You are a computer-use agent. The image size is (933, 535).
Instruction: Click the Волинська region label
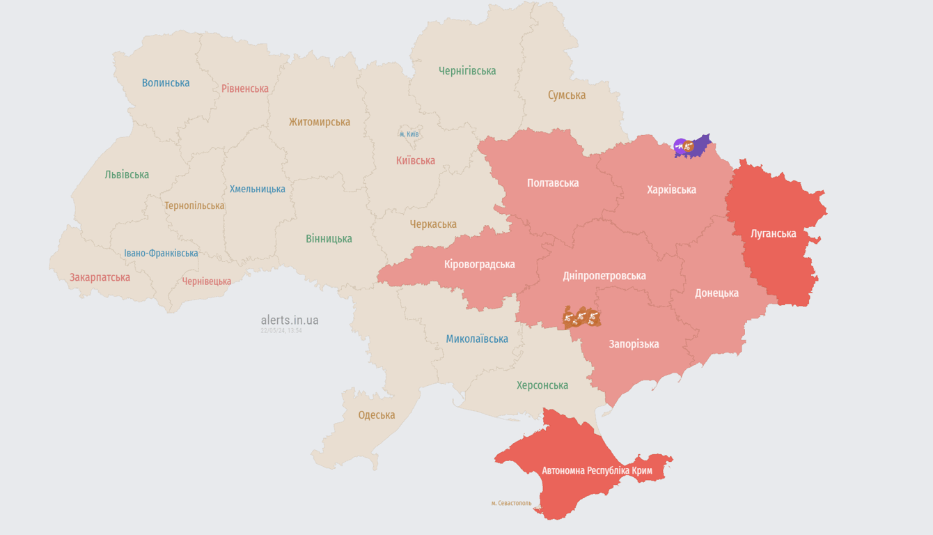point(166,83)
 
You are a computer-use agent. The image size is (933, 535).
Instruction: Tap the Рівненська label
point(245,88)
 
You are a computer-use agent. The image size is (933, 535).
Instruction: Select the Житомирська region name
point(320,122)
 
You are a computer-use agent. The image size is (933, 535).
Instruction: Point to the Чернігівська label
point(467,70)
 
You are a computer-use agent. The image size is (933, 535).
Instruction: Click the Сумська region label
point(567,95)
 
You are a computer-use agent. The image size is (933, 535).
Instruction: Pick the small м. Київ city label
point(409,134)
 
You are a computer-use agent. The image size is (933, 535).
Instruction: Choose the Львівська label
point(127,175)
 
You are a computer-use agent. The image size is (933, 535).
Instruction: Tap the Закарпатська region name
point(100,277)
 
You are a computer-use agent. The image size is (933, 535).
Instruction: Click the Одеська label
point(377,415)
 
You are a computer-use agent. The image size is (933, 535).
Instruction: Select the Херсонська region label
point(542,385)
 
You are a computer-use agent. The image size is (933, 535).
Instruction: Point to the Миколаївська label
point(477,339)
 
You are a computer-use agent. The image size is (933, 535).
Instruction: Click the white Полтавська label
point(553,183)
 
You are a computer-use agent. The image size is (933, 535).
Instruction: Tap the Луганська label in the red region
point(774,233)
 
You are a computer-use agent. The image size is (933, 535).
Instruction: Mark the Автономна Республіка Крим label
point(597,471)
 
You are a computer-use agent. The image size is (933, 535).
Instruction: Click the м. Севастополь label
point(511,503)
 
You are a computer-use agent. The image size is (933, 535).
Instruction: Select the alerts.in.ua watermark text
point(290,320)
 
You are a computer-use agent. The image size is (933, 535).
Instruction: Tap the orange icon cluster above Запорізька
point(581,318)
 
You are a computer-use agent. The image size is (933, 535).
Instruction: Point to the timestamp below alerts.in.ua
point(281,331)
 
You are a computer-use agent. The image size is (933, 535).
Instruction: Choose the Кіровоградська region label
point(480,265)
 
